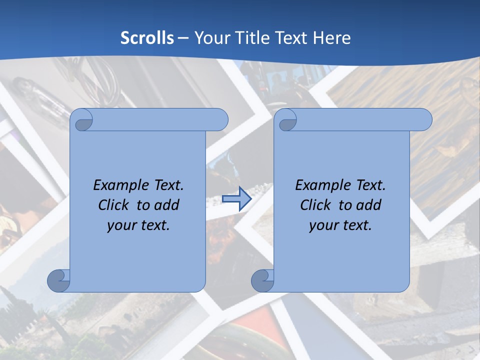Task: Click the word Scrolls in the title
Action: (x=147, y=38)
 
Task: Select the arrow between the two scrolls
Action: (x=236, y=198)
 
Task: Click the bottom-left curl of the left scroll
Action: (x=58, y=280)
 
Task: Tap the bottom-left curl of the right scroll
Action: (x=262, y=280)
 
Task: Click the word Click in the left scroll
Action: (x=114, y=205)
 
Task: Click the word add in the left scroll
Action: (x=167, y=205)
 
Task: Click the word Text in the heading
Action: (x=291, y=38)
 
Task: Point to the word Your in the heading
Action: (x=210, y=38)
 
